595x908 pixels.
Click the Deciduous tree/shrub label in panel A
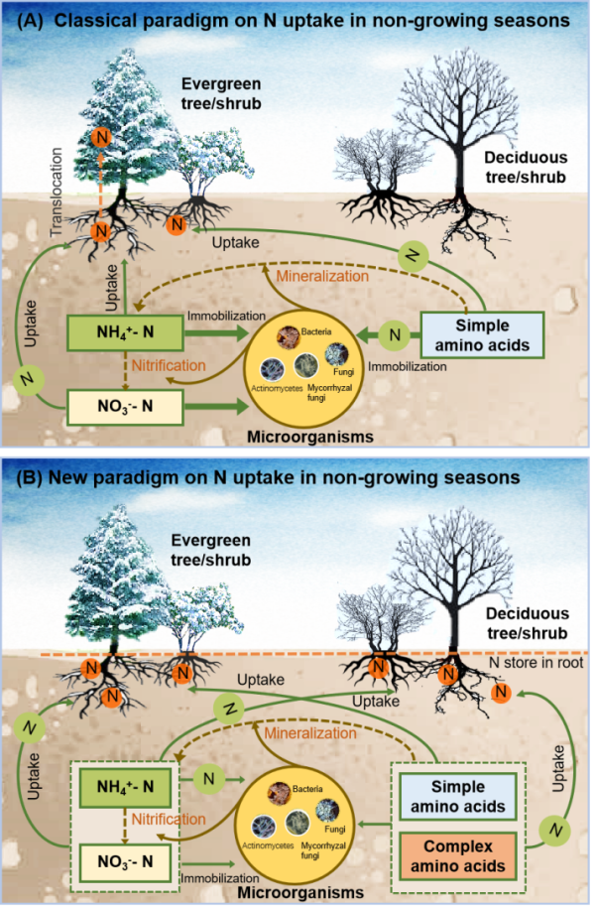526,167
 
